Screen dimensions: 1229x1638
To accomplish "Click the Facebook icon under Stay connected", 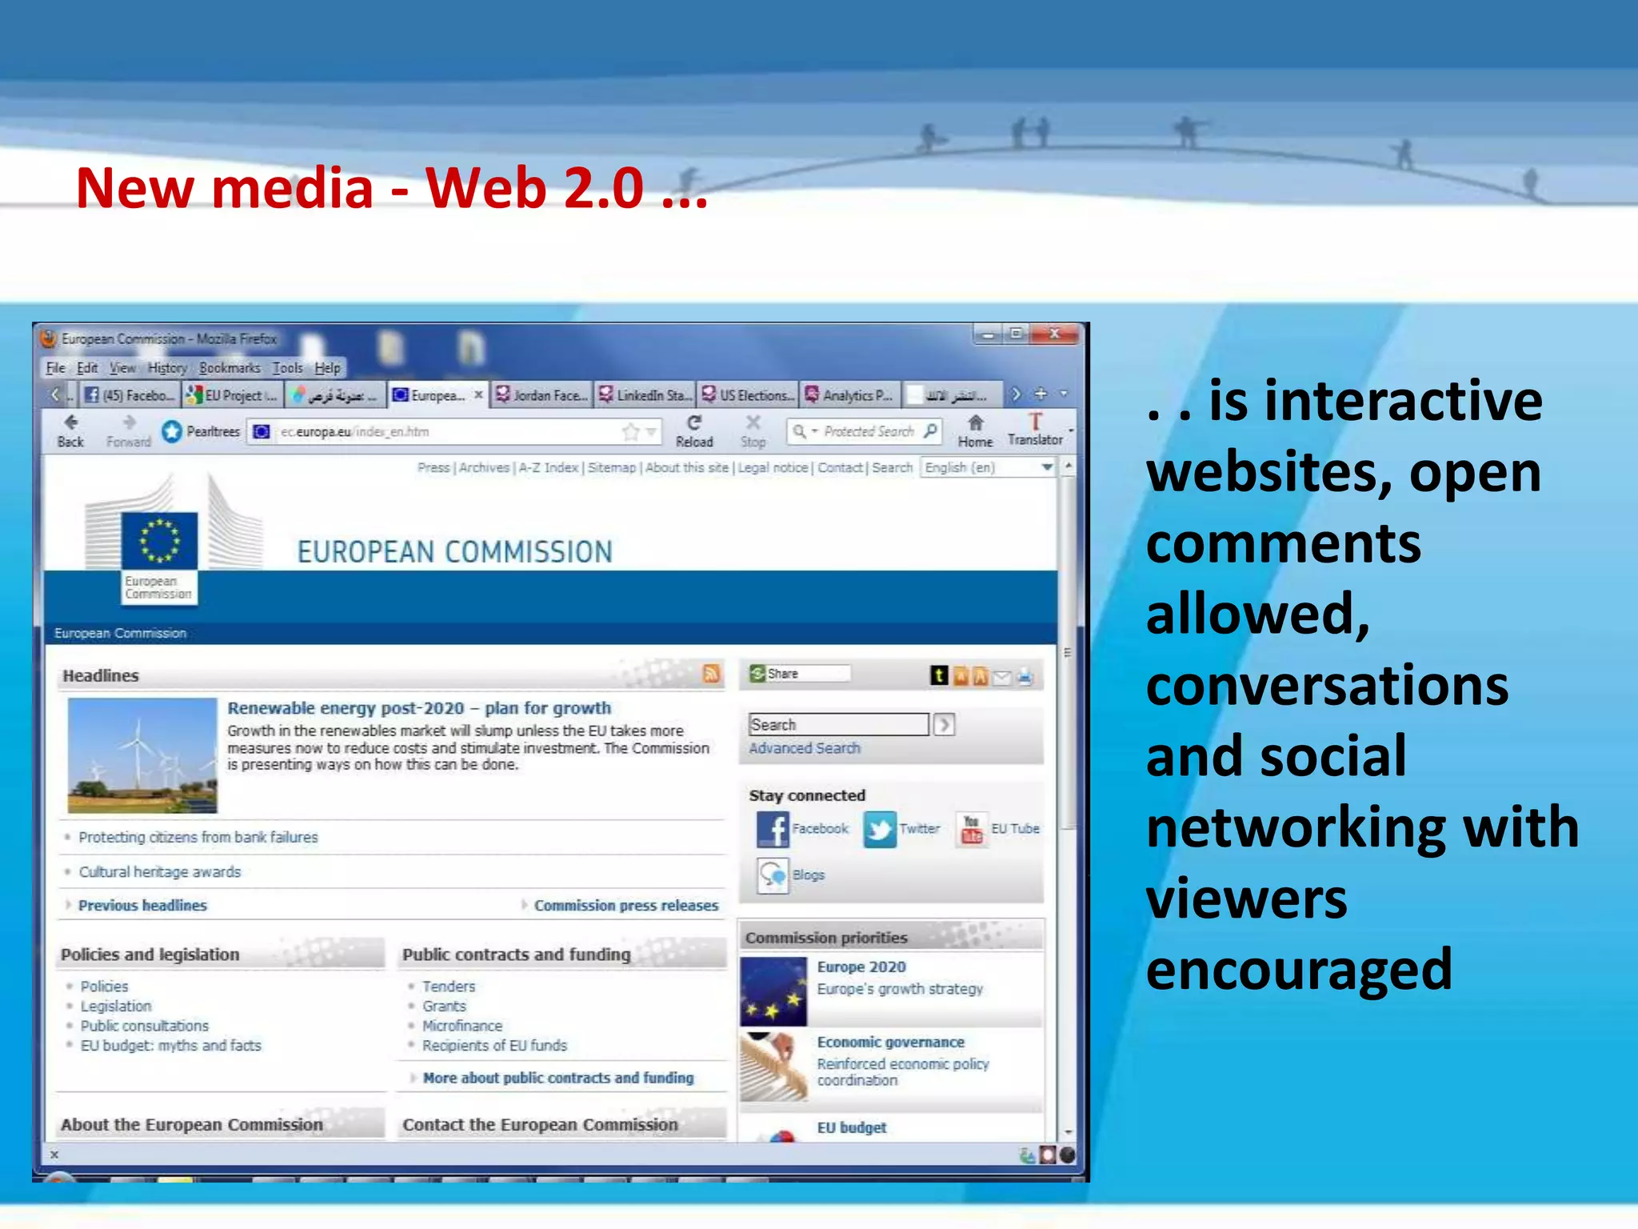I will tap(773, 829).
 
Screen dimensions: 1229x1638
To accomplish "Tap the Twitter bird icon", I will tap(880, 829).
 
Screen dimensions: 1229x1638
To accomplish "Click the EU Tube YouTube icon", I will tap(971, 829).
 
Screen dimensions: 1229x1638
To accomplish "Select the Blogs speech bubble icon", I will tap(773, 875).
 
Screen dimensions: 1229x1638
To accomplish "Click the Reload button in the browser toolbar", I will tap(693, 430).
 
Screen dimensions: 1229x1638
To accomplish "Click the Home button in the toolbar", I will tap(975, 430).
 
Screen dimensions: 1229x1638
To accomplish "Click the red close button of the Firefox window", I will tap(1054, 334).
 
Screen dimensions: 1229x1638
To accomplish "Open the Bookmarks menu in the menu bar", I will tap(230, 368).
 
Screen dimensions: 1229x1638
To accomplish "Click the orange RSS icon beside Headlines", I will tap(711, 674).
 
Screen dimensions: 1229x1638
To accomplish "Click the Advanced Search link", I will tap(805, 748).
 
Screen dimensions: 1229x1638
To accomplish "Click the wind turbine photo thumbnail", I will tap(142, 755).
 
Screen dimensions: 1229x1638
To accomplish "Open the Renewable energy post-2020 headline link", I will tap(419, 708).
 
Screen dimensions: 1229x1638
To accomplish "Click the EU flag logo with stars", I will tap(159, 540).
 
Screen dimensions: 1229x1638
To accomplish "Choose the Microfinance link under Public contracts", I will tap(462, 1026).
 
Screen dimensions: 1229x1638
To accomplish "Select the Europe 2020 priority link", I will tap(861, 967).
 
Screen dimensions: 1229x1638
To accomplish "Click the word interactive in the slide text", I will tap(1376, 400).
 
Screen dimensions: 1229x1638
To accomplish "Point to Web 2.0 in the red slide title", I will tap(534, 188).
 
